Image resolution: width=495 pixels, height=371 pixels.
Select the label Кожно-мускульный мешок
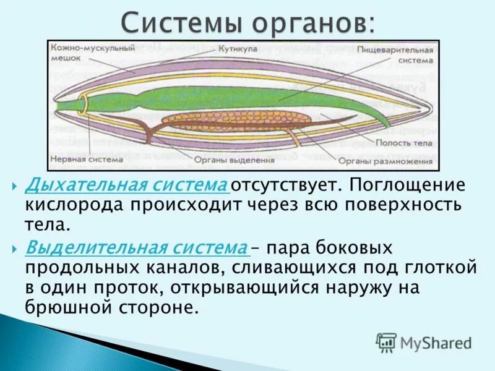[x=76, y=51]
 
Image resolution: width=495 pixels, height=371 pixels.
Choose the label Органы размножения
[x=385, y=162]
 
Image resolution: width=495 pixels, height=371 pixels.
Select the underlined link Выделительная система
[x=136, y=248]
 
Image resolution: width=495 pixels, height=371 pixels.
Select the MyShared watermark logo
[x=424, y=342]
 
